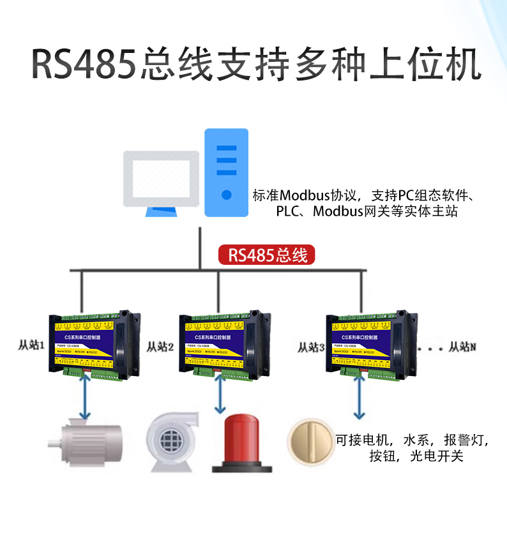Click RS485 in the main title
tap(83, 65)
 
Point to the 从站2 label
tap(161, 347)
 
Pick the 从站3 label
tap(312, 347)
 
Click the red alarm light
tap(241, 443)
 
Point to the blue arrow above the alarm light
tap(221, 395)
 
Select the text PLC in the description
tap(287, 212)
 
